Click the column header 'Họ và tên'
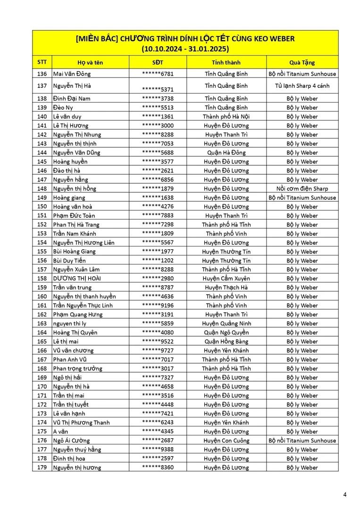point(90,62)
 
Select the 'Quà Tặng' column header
point(302,62)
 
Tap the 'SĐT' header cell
point(158,62)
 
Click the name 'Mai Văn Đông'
point(72,74)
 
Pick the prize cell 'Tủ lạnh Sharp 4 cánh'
point(302,86)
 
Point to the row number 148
point(42,188)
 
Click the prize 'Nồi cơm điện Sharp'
point(302,188)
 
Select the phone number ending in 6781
point(158,74)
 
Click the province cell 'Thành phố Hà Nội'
point(226,117)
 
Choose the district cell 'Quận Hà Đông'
point(226,153)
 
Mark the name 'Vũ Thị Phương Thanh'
point(82,423)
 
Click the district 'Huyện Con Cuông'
point(226,441)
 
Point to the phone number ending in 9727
point(158,350)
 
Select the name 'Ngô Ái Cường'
point(71,441)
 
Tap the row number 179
point(42,467)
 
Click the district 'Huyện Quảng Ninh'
point(226,323)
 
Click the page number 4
point(344,495)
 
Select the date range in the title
point(185,48)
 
